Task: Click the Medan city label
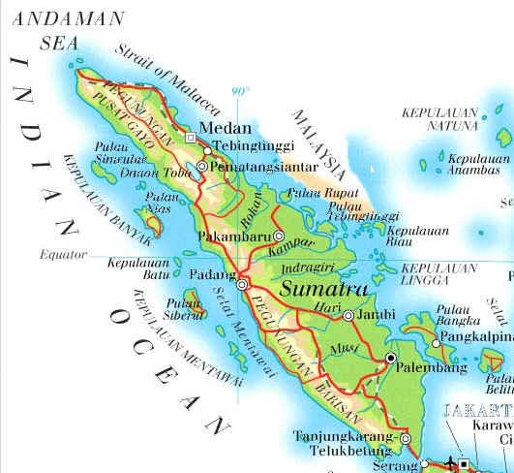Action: [x=224, y=128]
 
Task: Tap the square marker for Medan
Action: [x=191, y=139]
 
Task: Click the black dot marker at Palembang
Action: [x=391, y=359]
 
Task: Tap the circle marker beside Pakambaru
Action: [x=279, y=236]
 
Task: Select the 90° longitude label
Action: [x=239, y=92]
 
